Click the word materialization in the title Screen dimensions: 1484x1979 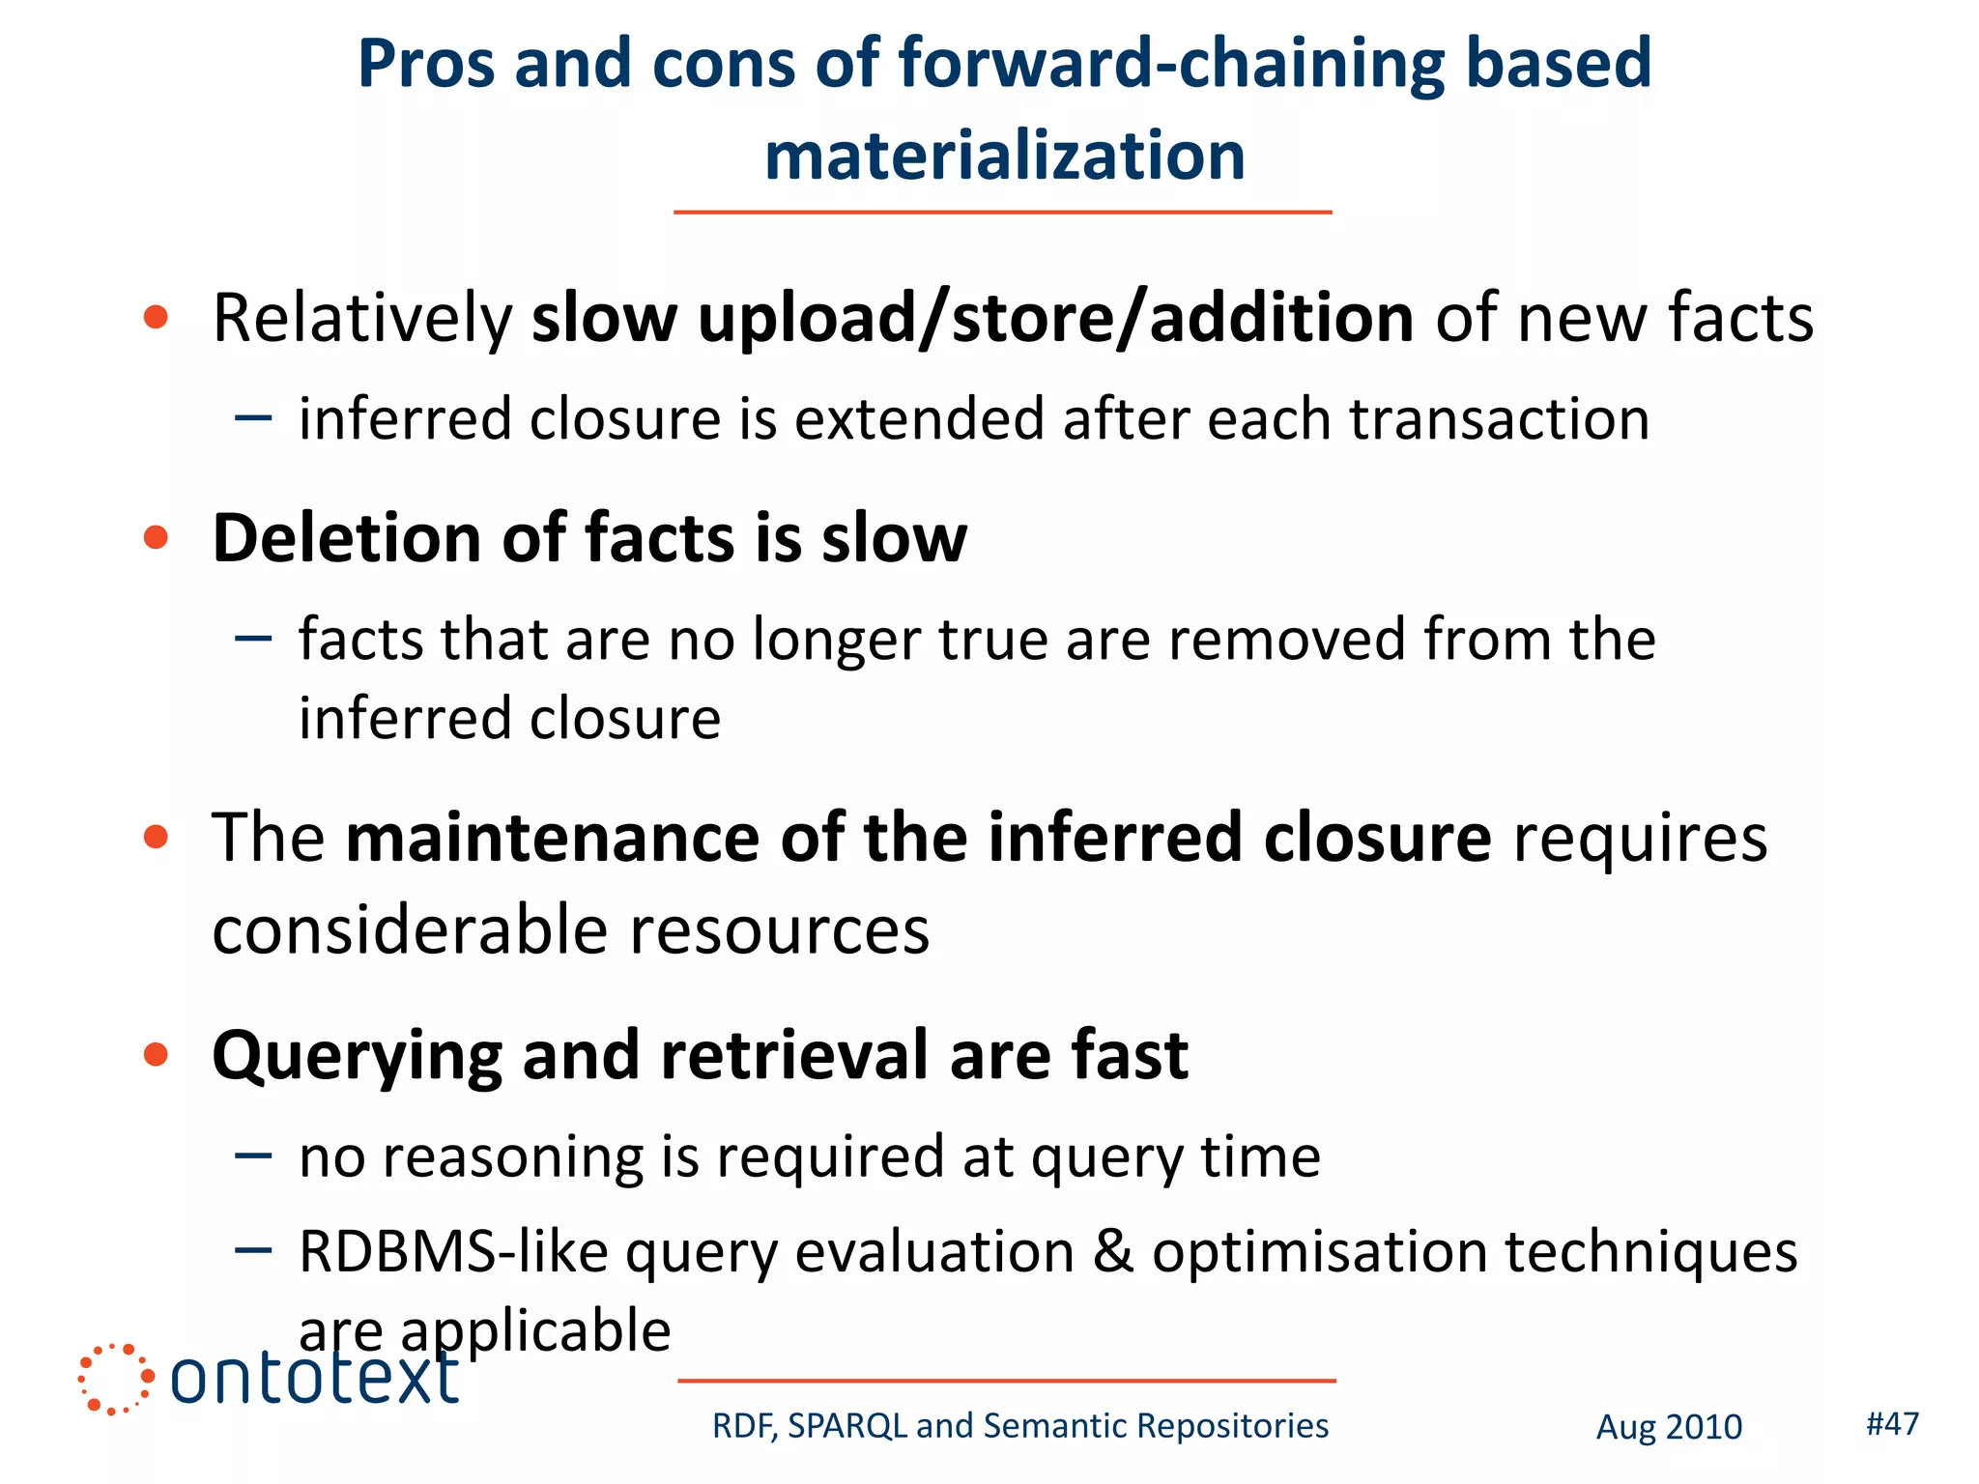1004,157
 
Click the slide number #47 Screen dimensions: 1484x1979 1891,1422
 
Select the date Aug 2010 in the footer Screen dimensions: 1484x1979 1668,1427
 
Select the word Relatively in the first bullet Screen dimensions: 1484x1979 362,319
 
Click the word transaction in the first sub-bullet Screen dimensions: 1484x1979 1499,419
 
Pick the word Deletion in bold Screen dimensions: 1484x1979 346,538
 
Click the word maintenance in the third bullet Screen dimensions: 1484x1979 553,838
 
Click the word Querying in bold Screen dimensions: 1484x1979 357,1057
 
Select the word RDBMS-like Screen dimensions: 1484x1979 453,1252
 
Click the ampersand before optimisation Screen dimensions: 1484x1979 1113,1252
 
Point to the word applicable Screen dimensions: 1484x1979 535,1331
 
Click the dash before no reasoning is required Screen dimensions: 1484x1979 253,1156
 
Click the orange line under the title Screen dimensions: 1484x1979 1002,212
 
